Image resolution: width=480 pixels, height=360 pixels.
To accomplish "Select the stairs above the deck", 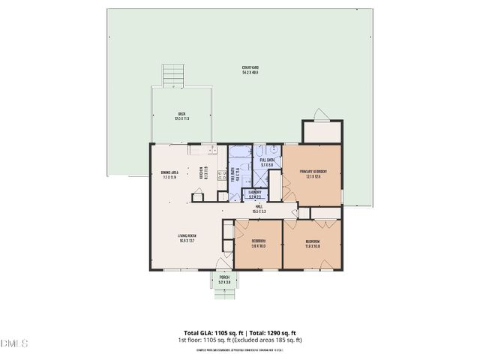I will coord(173,75).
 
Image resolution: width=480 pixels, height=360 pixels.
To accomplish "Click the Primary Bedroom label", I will coord(312,174).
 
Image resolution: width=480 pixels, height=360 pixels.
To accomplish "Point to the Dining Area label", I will coord(169,175).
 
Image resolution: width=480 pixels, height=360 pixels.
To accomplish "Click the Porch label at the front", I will coord(223,279).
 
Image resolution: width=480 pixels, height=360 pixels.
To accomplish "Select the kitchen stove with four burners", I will coord(222,177).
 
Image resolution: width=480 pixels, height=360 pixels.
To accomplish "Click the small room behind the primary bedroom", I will coord(322,132).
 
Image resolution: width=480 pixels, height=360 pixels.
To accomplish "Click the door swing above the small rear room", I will coord(321,114).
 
